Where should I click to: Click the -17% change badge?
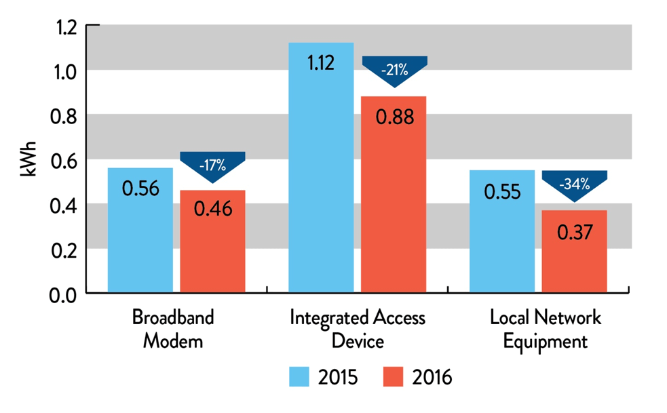(x=212, y=164)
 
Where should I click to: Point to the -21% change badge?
(x=394, y=69)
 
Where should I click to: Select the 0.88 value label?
(x=394, y=116)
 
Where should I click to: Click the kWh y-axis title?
(x=29, y=159)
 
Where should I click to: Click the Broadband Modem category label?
(x=172, y=329)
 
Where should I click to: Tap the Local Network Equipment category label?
(x=546, y=329)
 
